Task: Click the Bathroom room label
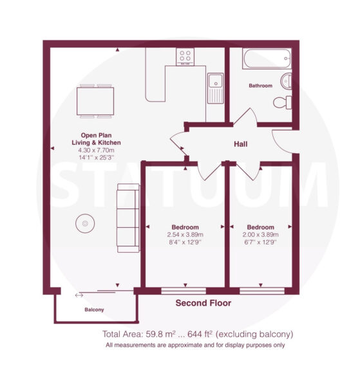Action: coord(260,86)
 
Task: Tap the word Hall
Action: coord(240,144)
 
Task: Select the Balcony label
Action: coord(94,309)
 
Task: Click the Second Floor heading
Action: coord(204,303)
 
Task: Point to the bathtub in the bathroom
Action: coord(267,59)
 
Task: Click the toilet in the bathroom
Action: coord(282,102)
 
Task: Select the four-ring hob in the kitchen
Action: coord(185,57)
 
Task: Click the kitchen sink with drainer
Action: coord(215,88)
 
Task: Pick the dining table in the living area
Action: coord(95,101)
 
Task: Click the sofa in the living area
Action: coord(128,218)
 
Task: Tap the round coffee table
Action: coord(85,223)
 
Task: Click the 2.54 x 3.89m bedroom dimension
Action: coord(185,235)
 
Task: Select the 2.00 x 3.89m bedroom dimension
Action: coord(260,235)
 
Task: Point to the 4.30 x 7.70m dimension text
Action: coord(96,150)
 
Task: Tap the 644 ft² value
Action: coord(200,334)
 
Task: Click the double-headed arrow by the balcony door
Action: coord(79,295)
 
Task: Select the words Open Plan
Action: coord(96,135)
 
